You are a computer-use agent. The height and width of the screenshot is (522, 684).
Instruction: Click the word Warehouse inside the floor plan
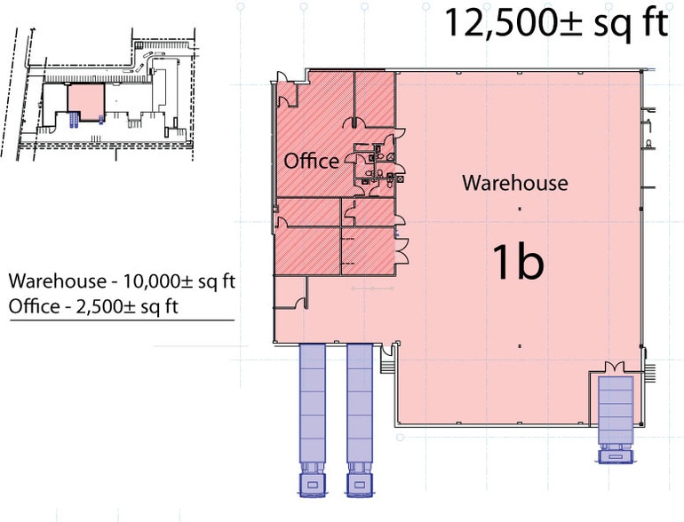pos(514,183)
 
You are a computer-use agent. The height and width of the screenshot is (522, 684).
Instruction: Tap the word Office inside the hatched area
pos(311,161)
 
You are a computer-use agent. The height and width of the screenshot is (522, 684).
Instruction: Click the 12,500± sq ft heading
pos(555,24)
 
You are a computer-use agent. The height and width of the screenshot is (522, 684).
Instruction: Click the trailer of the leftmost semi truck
pos(313,399)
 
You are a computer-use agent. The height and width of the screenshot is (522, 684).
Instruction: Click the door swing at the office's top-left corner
pos(286,89)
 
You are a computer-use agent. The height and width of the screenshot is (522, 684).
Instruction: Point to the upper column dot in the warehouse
pos(518,208)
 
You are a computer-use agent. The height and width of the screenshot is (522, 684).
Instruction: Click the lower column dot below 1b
pos(518,345)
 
